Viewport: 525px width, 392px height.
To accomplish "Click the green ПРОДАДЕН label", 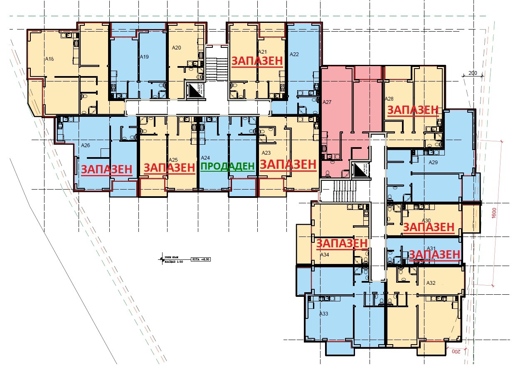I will [227, 167].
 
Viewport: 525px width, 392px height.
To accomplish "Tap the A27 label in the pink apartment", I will [327, 101].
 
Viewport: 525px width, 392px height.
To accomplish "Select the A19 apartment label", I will [144, 57].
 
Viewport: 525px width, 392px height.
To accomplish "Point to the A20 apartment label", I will [176, 48].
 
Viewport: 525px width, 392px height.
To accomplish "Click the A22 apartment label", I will [294, 54].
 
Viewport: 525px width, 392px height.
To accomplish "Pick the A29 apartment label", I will [433, 163].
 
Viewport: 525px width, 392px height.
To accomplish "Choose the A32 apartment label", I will [431, 283].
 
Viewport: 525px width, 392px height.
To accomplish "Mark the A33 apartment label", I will [323, 314].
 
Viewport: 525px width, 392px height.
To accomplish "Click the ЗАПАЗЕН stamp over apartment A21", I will [257, 61].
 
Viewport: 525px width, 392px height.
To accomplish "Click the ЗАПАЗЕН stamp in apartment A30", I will [428, 227].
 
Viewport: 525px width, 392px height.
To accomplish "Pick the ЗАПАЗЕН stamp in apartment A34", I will [342, 243].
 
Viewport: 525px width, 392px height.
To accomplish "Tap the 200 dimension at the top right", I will [473, 73].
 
